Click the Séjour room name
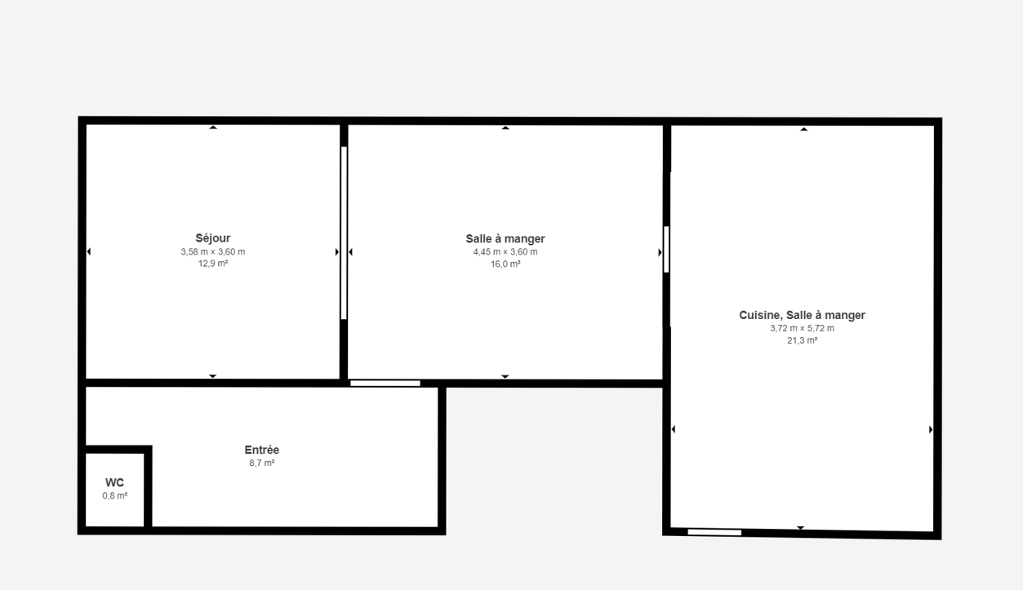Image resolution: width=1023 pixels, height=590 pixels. (213, 238)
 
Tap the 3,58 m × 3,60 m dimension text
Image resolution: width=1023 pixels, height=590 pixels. (213, 252)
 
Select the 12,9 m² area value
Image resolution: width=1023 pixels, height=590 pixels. (213, 264)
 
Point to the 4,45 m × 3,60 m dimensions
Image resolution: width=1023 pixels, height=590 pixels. (505, 252)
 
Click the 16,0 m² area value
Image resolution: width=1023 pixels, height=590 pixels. (505, 264)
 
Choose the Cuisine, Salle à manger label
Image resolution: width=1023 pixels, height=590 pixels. (802, 315)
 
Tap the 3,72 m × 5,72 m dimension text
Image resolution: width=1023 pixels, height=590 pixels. (802, 328)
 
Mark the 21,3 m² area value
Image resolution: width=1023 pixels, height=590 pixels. (802, 340)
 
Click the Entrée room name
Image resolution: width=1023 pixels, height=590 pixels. (262, 450)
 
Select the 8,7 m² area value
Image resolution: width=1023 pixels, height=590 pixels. (262, 463)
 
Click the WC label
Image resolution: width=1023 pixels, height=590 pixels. (114, 482)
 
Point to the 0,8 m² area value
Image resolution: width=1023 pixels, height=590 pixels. (114, 495)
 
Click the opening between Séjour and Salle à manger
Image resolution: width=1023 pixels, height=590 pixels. (344, 233)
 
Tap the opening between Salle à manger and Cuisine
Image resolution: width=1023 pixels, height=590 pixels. (666, 249)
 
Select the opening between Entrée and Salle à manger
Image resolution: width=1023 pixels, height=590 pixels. (385, 384)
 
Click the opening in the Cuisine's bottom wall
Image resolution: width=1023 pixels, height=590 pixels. (714, 532)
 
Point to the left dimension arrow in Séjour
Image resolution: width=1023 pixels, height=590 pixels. (89, 251)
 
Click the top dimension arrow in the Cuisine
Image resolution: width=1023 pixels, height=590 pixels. (803, 130)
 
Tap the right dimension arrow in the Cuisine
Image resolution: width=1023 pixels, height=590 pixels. (931, 429)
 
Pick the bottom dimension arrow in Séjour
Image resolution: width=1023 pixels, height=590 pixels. (213, 376)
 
